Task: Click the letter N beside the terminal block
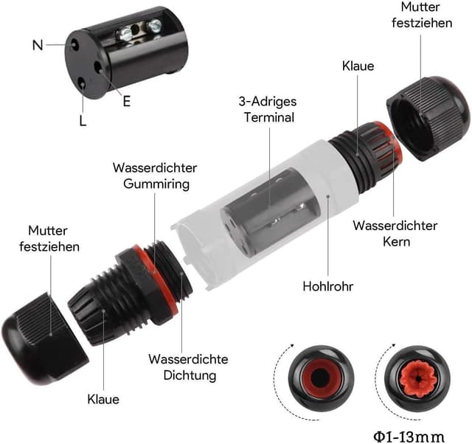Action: (38, 45)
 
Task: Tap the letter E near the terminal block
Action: (126, 102)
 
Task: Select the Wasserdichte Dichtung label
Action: (188, 367)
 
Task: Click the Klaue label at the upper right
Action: (358, 66)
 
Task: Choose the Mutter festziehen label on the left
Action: (49, 238)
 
